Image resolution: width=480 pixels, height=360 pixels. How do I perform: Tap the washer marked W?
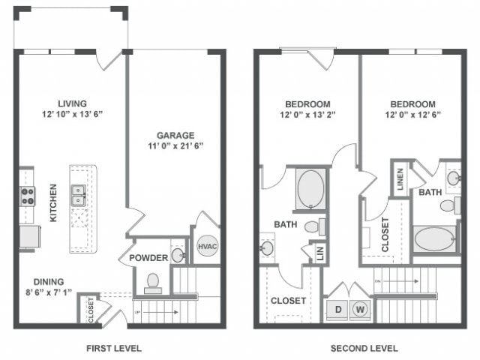click(360, 309)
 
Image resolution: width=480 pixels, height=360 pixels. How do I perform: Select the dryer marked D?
click(337, 309)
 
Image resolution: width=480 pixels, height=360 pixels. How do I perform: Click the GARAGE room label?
click(175, 135)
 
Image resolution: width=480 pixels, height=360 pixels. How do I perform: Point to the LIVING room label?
click(73, 103)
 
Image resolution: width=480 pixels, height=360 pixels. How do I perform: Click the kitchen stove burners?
click(27, 196)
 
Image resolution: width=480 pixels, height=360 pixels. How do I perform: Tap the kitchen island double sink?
click(77, 196)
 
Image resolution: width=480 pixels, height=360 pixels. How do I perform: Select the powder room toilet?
click(154, 281)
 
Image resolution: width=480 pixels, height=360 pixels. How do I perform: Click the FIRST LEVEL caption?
click(114, 348)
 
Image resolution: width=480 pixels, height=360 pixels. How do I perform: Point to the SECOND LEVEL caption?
click(364, 348)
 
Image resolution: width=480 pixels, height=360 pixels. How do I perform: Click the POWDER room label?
click(148, 258)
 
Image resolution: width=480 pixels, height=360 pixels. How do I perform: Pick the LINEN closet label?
click(401, 181)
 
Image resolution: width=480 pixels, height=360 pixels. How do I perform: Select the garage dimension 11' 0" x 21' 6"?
click(175, 147)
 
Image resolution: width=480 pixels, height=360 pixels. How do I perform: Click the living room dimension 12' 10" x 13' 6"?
click(73, 115)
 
